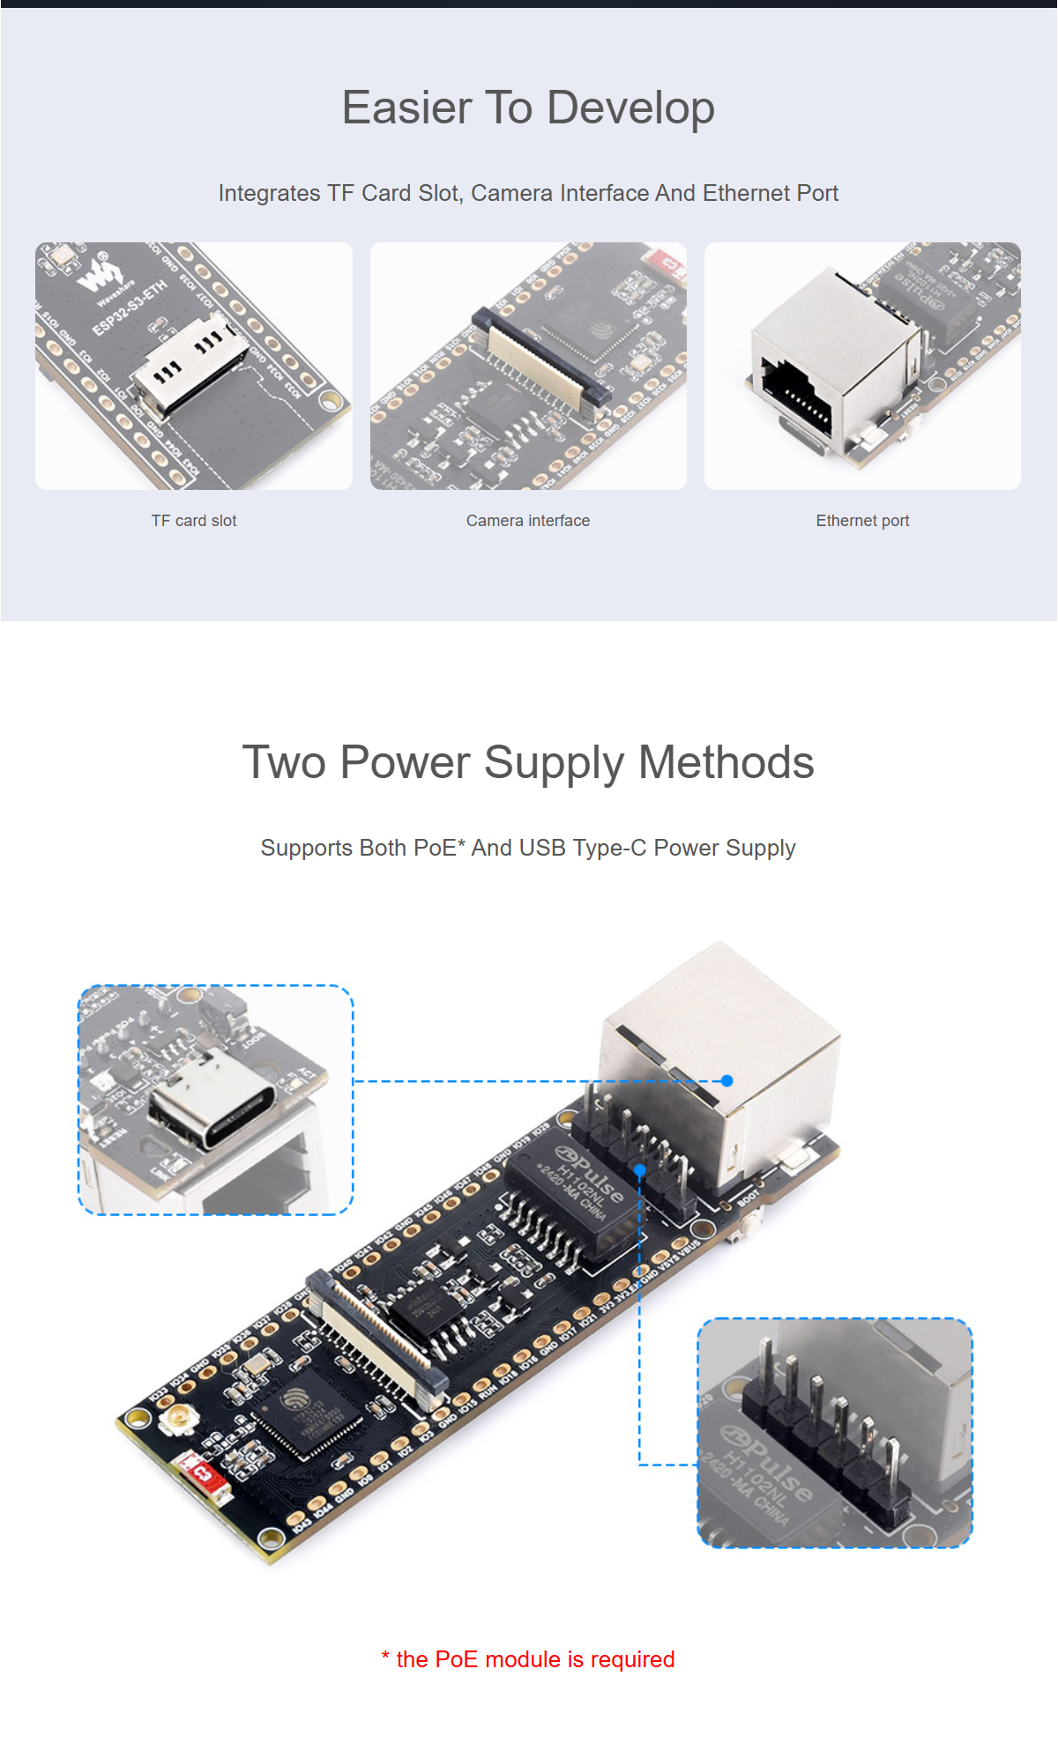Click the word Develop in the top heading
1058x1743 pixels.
pyautogui.click(x=630, y=108)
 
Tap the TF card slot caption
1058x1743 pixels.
pyautogui.click(x=194, y=521)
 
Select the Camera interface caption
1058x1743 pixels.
pyautogui.click(x=528, y=521)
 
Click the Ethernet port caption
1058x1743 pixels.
pyautogui.click(x=862, y=521)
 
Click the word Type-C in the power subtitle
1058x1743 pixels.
pyautogui.click(x=609, y=848)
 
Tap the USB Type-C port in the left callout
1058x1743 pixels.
pyautogui.click(x=212, y=1105)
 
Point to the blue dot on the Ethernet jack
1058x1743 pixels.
pyautogui.click(x=726, y=1080)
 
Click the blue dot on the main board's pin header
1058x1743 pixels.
pyautogui.click(x=641, y=1170)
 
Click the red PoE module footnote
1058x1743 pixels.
pyautogui.click(x=528, y=1659)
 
